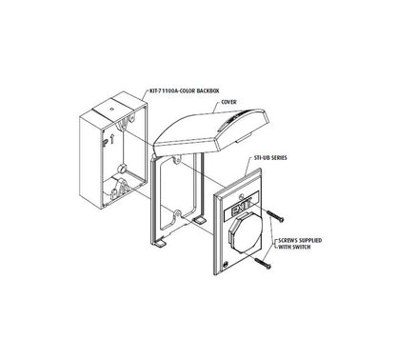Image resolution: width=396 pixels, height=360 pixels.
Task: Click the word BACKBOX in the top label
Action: [208, 90]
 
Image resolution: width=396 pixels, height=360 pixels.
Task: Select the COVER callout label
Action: [228, 102]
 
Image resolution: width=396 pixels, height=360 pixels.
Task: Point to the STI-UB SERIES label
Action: [270, 158]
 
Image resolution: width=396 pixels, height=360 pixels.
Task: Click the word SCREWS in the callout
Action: [288, 240]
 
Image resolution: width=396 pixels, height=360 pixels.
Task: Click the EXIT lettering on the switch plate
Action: [242, 209]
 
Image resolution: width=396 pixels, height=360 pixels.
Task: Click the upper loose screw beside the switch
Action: [275, 216]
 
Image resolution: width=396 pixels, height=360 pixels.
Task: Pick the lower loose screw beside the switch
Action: [263, 263]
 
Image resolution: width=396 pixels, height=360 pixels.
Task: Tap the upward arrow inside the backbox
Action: [111, 139]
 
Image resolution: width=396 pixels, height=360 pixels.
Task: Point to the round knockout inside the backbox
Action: [121, 169]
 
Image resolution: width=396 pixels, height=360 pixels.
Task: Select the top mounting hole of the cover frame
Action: [177, 160]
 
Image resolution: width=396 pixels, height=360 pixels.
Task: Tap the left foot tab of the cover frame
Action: [160, 244]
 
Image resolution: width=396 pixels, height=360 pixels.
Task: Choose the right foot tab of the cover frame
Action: [199, 220]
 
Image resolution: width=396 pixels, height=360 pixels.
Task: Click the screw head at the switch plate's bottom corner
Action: [226, 264]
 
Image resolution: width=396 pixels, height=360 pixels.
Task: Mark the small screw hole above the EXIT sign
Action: [242, 197]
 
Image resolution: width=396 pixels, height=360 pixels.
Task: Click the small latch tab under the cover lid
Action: [244, 137]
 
